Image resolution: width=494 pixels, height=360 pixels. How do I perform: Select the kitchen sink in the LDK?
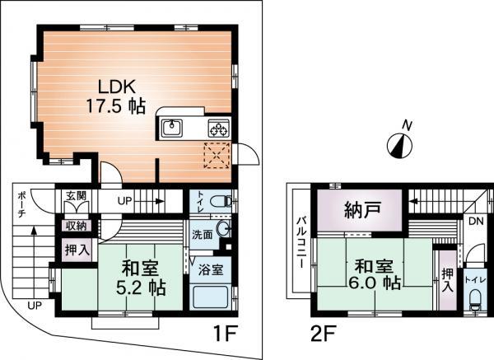click(x=173, y=127)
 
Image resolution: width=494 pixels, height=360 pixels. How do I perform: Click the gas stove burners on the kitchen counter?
click(x=218, y=128)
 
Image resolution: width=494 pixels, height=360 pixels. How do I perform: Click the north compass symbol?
click(x=399, y=145)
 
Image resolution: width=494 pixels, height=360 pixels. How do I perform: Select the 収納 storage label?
click(x=77, y=224)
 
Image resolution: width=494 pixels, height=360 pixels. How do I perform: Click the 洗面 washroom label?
click(x=202, y=234)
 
